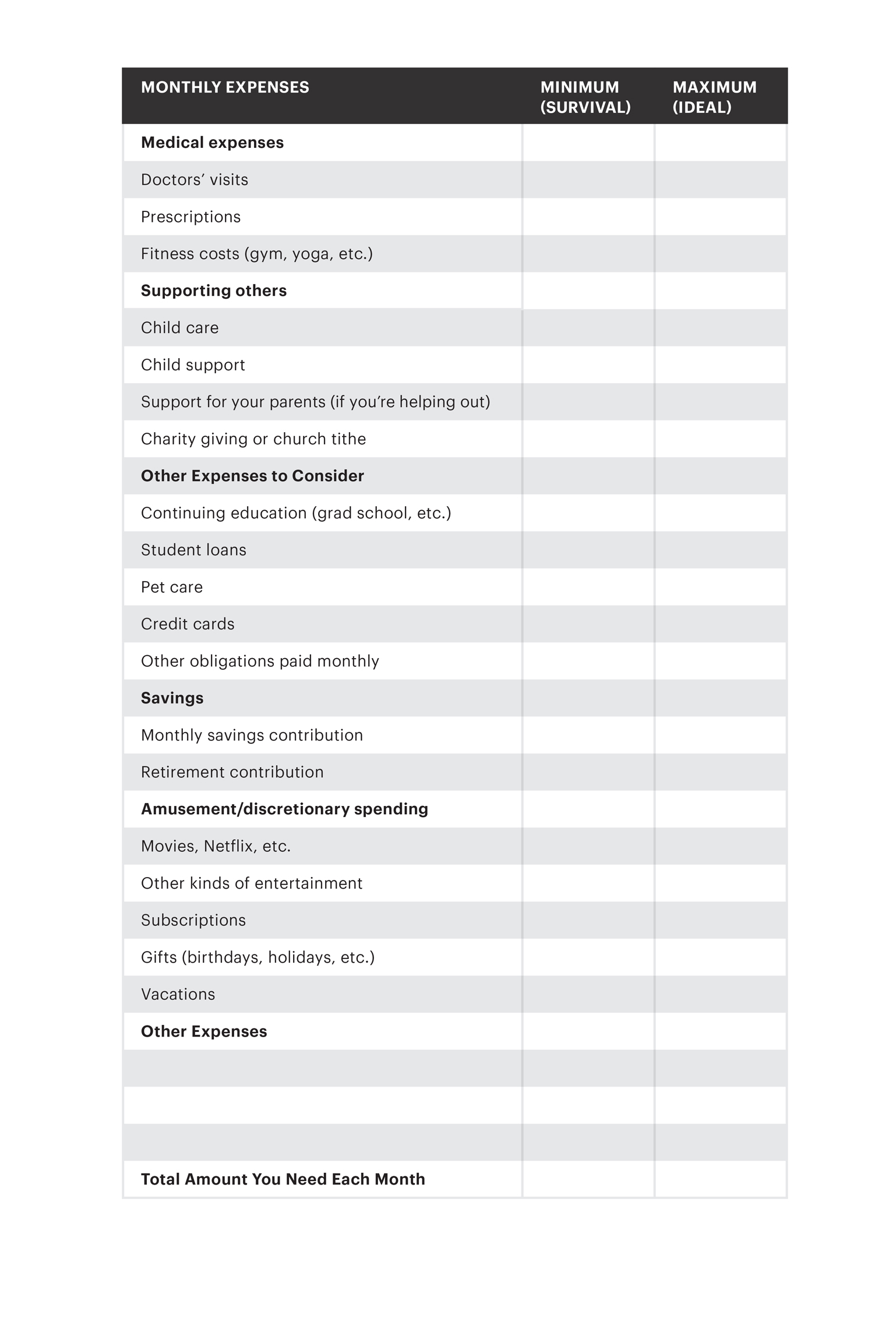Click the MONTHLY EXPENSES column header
pos(225,87)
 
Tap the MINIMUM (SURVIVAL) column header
pos(585,97)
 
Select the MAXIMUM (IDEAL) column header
pos(714,97)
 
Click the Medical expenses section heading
pos(212,143)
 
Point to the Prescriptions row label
pos(190,217)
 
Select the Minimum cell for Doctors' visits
pos(588,180)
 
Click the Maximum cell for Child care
pos(720,328)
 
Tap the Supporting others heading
pos(214,291)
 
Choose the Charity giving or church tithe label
pos(253,439)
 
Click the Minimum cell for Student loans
pos(588,550)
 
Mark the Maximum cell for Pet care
pos(720,587)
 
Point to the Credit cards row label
pos(188,624)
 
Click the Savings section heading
pos(172,698)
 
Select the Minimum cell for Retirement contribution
pos(588,772)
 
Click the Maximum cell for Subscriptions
pos(720,920)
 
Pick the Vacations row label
pos(178,994)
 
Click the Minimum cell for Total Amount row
pos(588,1179)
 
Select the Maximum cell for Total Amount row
pos(720,1179)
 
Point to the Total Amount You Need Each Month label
pos(283,1179)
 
